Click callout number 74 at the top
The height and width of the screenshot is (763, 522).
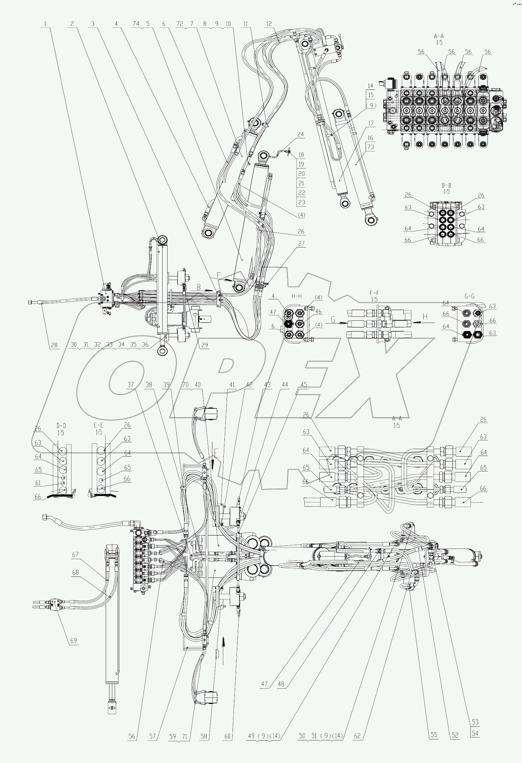click(136, 24)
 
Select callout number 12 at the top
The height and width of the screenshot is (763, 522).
click(269, 24)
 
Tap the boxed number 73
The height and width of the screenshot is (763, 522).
click(371, 147)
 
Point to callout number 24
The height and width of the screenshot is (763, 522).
click(301, 134)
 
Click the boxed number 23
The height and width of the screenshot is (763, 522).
click(302, 202)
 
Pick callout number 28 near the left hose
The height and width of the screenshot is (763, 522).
click(54, 345)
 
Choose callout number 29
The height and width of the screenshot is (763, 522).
click(205, 345)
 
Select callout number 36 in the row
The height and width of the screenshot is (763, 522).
click(145, 344)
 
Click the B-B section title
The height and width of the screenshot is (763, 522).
click(446, 185)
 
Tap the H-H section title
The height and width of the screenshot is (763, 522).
click(297, 296)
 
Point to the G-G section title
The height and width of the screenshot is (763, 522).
click(469, 296)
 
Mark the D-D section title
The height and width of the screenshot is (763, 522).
click(61, 426)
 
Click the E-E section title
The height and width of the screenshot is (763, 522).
click(99, 426)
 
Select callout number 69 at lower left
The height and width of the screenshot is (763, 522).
click(74, 641)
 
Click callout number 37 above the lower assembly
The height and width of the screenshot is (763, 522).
click(131, 384)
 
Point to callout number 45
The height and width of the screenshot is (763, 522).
click(304, 384)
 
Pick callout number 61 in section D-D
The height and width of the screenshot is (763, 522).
click(38, 483)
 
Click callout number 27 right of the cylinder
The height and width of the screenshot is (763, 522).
click(301, 243)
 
